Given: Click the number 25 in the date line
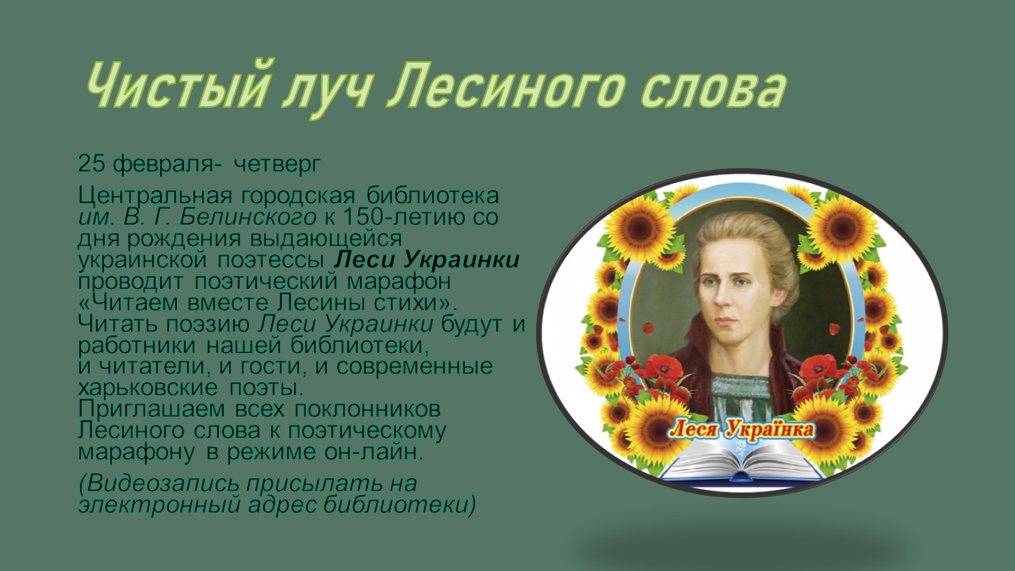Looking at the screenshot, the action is tap(92, 164).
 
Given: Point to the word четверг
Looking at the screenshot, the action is tap(277, 165).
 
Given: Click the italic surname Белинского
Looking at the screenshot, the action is tap(247, 217).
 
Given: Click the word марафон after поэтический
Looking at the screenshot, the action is tap(399, 282).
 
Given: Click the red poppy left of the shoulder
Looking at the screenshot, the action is tap(663, 367).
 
